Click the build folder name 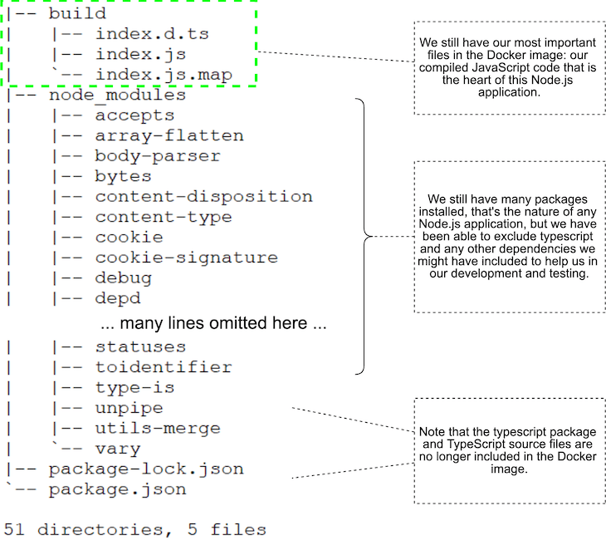(77, 13)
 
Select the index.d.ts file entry (152, 34)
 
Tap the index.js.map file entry (163, 75)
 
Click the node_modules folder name (117, 95)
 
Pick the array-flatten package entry (169, 135)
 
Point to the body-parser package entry (158, 156)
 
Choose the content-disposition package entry (203, 197)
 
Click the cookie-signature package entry (186, 258)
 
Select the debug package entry (123, 278)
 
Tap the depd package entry (118, 298)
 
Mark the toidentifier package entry (164, 366)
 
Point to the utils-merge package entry (158, 428)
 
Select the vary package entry (118, 449)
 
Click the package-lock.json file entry (146, 469)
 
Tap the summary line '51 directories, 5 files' (135, 529)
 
